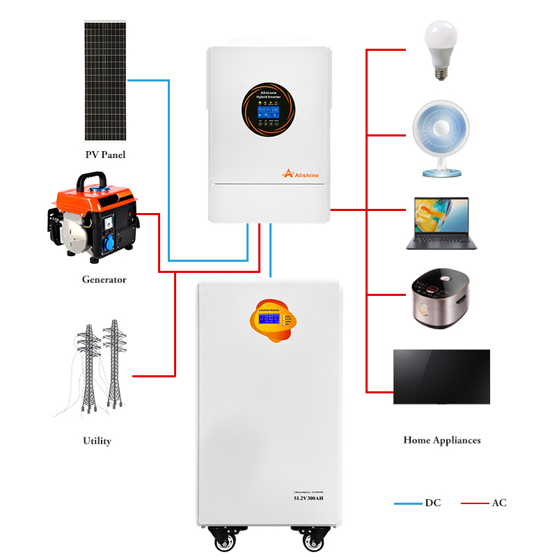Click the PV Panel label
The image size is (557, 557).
tap(105, 155)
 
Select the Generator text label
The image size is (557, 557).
tap(104, 279)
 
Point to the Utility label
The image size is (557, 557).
tap(97, 441)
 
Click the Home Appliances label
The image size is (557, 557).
tap(441, 440)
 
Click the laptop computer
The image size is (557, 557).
tap(441, 223)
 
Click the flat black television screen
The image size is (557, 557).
tap(441, 377)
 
